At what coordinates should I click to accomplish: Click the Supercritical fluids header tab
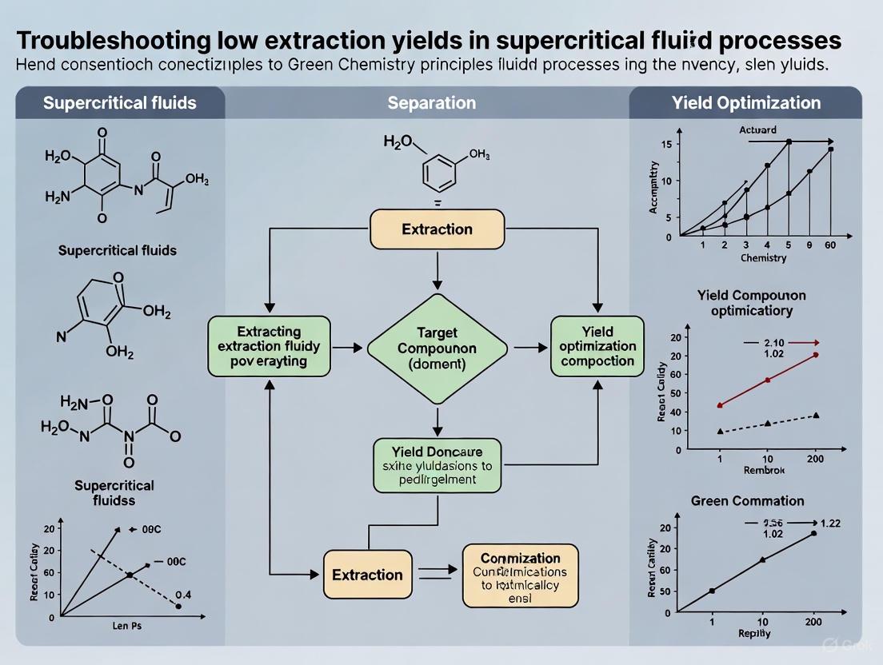(x=120, y=103)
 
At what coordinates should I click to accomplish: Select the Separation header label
(x=431, y=103)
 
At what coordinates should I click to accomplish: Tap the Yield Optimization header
(x=757, y=103)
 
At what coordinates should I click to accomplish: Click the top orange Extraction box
(x=437, y=229)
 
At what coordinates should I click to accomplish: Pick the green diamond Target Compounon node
(x=437, y=347)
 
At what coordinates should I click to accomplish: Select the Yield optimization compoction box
(x=597, y=346)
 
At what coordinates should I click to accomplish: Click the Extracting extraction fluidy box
(x=269, y=346)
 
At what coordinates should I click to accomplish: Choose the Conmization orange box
(x=520, y=575)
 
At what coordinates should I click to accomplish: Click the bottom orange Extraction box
(x=367, y=575)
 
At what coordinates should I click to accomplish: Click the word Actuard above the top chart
(x=757, y=129)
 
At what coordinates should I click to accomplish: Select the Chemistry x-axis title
(x=763, y=258)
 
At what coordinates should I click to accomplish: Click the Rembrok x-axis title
(x=764, y=470)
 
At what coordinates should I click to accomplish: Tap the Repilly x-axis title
(x=754, y=633)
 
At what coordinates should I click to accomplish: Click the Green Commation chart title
(x=747, y=501)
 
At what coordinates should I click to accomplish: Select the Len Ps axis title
(x=126, y=627)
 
